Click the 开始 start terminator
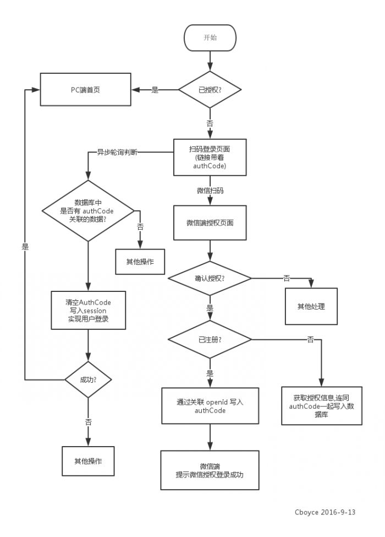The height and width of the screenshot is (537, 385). [210, 37]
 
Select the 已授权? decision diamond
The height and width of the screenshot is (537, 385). [210, 89]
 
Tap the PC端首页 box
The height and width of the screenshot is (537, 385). [86, 89]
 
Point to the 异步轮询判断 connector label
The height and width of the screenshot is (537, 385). [117, 152]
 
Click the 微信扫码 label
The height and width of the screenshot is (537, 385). [210, 191]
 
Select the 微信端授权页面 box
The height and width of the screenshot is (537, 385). [210, 223]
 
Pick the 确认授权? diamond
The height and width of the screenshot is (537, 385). [210, 278]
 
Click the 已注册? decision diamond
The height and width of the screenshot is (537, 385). [210, 338]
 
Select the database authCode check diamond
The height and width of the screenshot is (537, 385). [88, 210]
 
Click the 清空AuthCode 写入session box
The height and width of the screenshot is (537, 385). [88, 311]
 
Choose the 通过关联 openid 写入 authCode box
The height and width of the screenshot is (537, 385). [210, 406]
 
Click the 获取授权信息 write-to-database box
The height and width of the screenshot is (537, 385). [321, 405]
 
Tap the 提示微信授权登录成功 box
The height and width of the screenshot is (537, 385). [210, 470]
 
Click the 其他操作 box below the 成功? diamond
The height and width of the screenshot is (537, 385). [88, 460]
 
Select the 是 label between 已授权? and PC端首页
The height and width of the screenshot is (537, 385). [155, 90]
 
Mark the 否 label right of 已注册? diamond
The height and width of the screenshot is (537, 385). [310, 339]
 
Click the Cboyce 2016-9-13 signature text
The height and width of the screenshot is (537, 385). [325, 512]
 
